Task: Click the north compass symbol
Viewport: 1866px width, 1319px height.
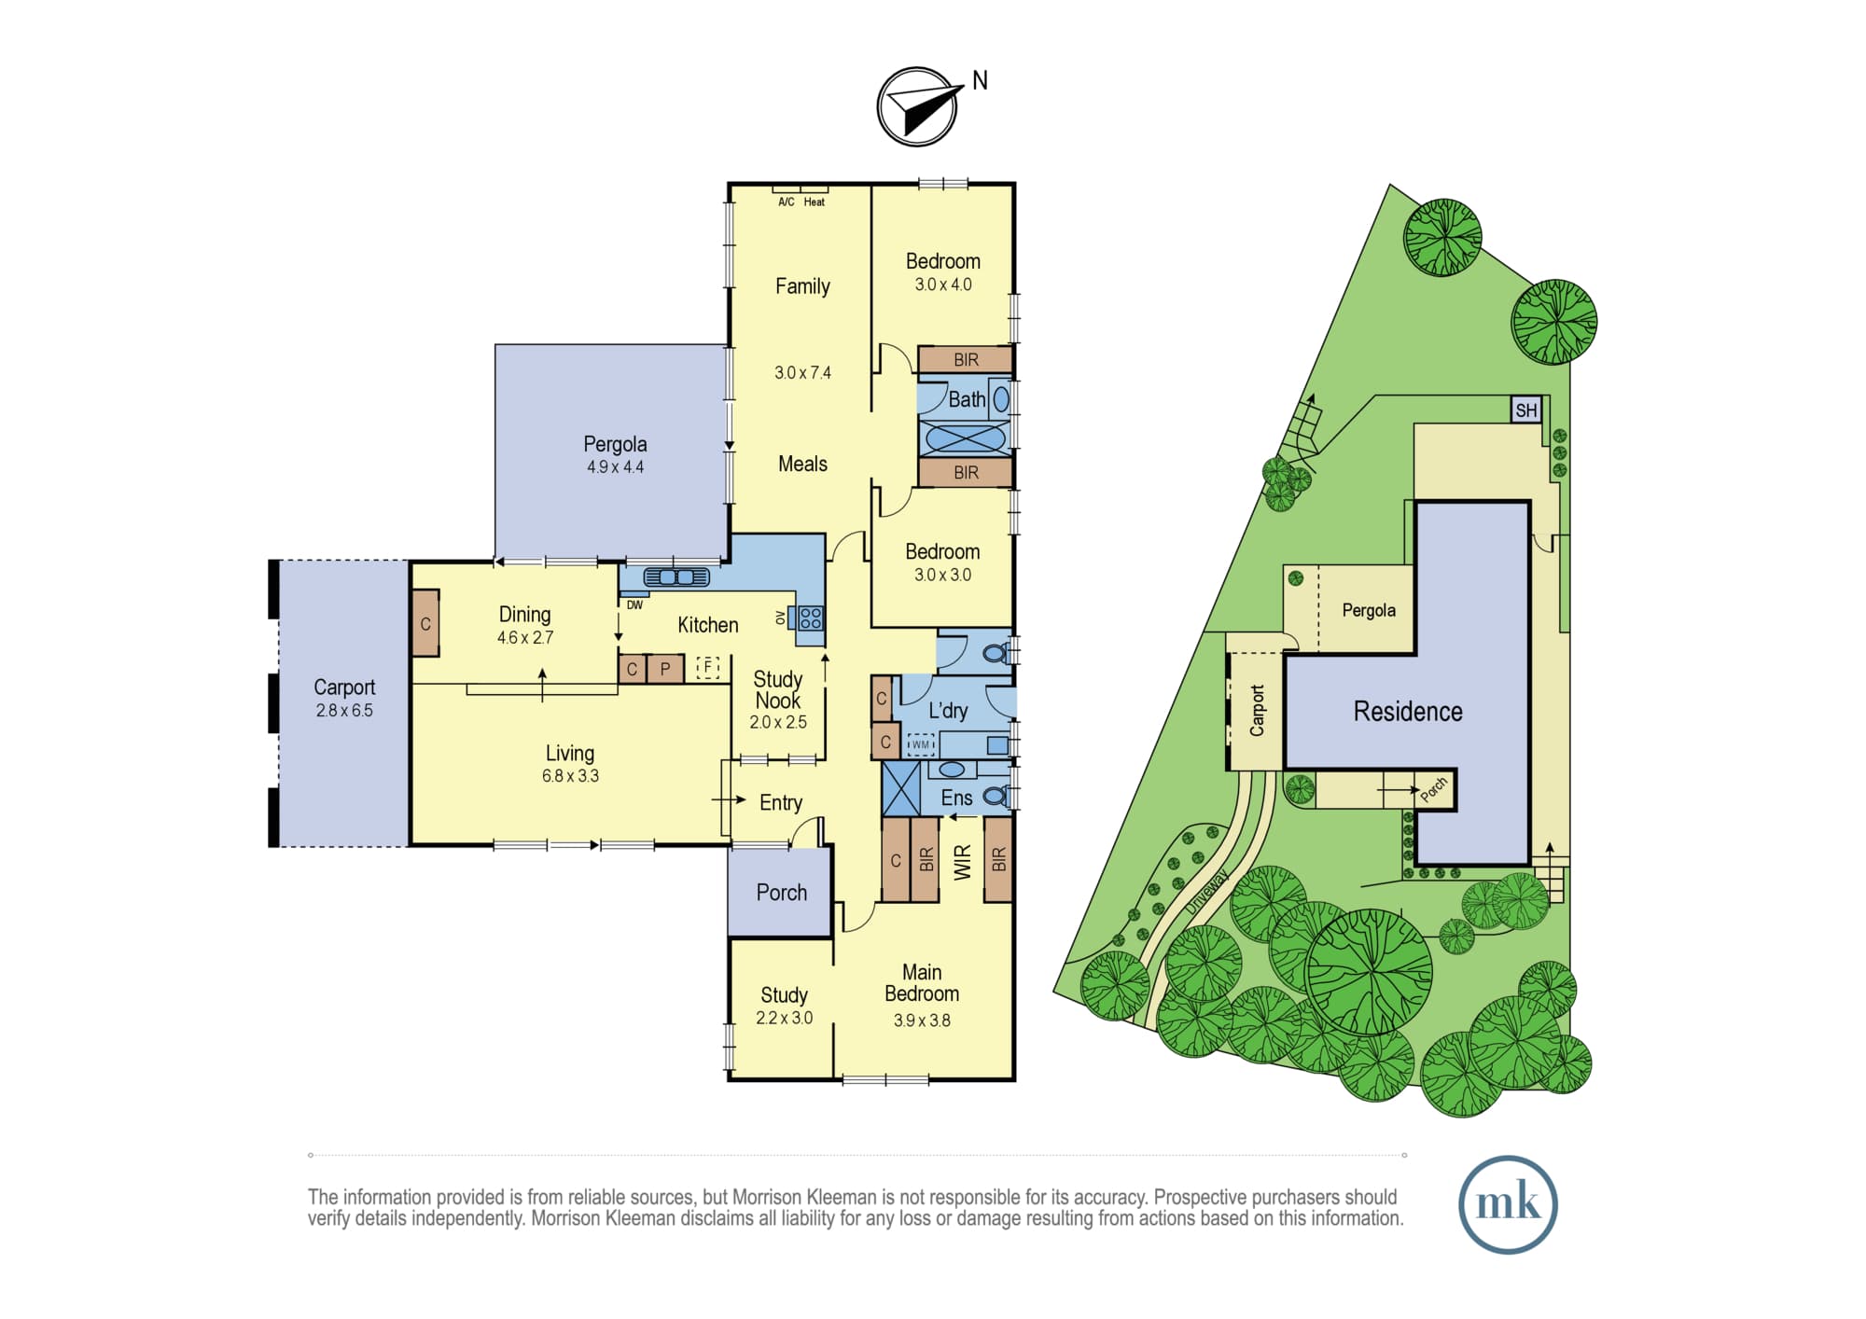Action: pyautogui.click(x=918, y=106)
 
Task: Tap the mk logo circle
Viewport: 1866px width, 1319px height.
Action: pyautogui.click(x=1508, y=1204)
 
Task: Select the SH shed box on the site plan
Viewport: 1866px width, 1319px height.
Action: pyautogui.click(x=1526, y=410)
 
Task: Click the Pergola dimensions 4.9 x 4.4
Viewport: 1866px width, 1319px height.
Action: pyautogui.click(x=615, y=467)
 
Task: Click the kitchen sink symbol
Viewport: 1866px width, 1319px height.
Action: pyautogui.click(x=676, y=577)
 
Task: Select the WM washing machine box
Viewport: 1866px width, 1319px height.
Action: pyautogui.click(x=921, y=744)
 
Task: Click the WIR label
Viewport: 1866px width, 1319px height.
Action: pyautogui.click(x=962, y=862)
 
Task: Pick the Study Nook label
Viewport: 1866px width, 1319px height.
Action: pyautogui.click(x=778, y=690)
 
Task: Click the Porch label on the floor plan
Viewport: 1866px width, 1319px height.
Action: pyautogui.click(x=782, y=893)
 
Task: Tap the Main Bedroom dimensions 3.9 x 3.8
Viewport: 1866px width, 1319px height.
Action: pyautogui.click(x=922, y=1020)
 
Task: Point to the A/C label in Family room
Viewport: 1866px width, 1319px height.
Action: pyautogui.click(x=787, y=201)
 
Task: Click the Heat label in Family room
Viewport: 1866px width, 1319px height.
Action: pyautogui.click(x=815, y=201)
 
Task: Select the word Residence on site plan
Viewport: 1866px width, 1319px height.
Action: pyautogui.click(x=1408, y=712)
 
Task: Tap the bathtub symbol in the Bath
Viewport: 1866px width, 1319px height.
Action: pyautogui.click(x=966, y=437)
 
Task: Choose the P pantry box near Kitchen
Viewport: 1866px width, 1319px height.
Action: pyautogui.click(x=665, y=669)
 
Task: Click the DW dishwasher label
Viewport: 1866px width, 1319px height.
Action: pyautogui.click(x=634, y=605)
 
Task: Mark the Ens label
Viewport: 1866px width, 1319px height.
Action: pyautogui.click(x=956, y=798)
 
